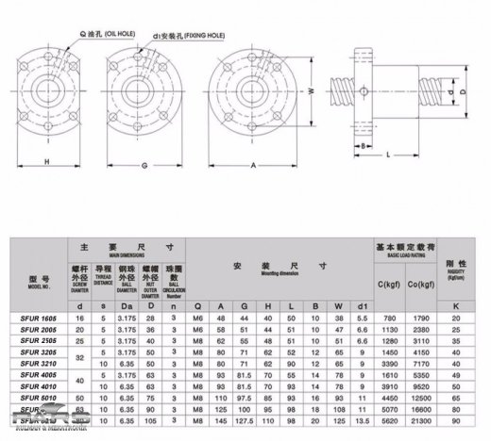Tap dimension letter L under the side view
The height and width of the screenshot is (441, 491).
click(388, 154)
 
